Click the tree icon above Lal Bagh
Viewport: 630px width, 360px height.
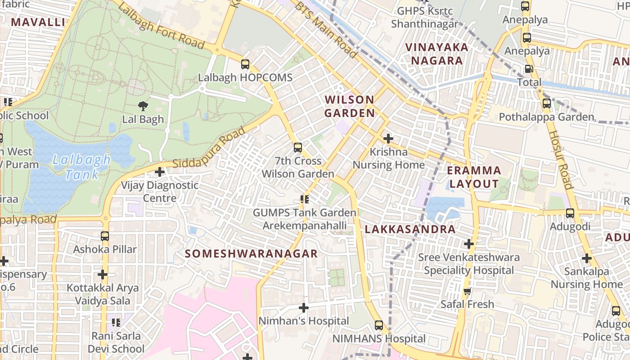tap(143, 106)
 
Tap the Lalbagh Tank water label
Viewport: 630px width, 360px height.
tap(81, 167)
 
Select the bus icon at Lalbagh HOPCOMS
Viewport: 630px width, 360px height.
tap(245, 64)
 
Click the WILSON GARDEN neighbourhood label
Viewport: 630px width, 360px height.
tap(350, 106)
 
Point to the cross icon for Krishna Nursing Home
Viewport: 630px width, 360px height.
tap(388, 139)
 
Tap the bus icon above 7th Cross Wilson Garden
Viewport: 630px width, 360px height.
tap(297, 147)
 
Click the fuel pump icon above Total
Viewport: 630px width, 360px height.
tap(529, 69)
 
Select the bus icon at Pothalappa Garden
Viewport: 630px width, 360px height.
tap(546, 103)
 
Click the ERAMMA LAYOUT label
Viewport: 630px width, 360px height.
tap(474, 177)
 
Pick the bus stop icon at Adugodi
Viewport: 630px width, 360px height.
tap(570, 213)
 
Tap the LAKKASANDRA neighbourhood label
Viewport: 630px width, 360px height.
tap(410, 229)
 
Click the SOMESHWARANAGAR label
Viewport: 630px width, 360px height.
tap(251, 254)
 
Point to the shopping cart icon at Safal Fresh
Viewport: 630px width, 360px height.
tap(467, 291)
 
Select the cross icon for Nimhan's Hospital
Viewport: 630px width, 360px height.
tap(304, 308)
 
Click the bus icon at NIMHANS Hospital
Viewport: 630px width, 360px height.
tap(379, 325)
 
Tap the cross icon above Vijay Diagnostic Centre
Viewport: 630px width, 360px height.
tap(159, 172)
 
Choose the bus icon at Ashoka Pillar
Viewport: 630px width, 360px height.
tap(104, 236)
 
